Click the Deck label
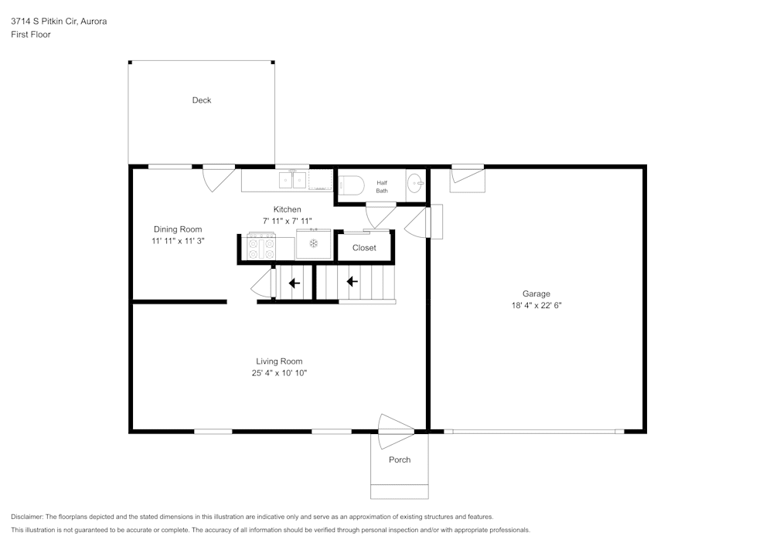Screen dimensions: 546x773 (x=202, y=100)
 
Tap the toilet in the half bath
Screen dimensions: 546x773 (x=352, y=185)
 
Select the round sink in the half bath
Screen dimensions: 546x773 (x=415, y=183)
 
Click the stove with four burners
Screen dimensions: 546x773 (x=260, y=248)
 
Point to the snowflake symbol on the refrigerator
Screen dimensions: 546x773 (x=314, y=244)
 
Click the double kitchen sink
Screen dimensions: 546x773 (x=293, y=181)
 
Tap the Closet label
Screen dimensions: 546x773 (x=364, y=248)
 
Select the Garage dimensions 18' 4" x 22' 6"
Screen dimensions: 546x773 (x=536, y=305)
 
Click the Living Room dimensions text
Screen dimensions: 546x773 (x=279, y=373)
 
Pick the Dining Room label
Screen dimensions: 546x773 (x=178, y=229)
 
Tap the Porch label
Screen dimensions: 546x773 (x=400, y=460)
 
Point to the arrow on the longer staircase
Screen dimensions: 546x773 (x=352, y=282)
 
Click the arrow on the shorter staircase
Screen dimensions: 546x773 (x=295, y=283)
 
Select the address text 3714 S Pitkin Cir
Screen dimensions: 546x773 (x=45, y=22)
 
